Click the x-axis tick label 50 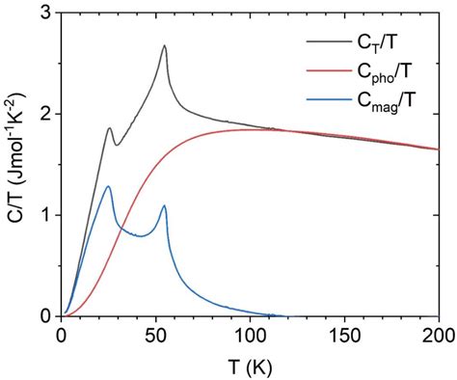[155, 336]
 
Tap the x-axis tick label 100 [250, 336]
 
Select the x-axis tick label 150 [344, 336]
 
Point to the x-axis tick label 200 [437, 336]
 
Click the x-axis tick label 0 [61, 336]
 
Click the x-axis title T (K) [250, 366]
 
